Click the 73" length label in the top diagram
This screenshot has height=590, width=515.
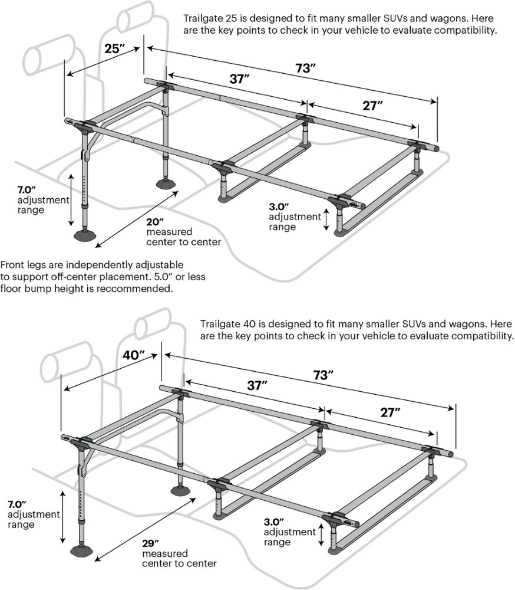point(303,67)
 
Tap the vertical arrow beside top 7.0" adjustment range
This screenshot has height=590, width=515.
point(71,199)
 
